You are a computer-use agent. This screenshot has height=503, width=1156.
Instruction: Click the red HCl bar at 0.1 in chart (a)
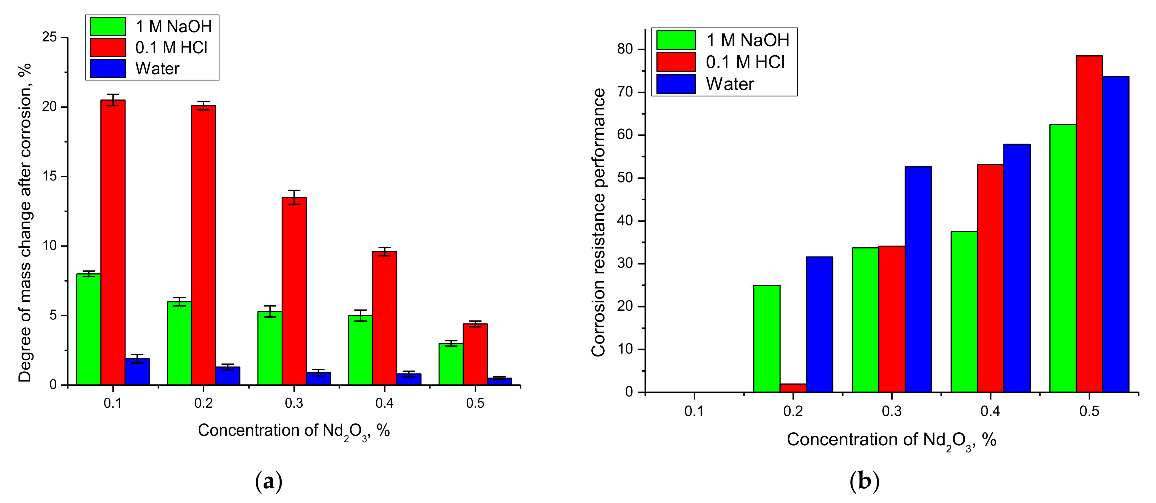[113, 242]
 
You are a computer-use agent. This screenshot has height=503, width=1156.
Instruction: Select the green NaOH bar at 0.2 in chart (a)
[179, 343]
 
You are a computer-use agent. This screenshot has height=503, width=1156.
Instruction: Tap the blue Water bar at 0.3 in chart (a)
[318, 378]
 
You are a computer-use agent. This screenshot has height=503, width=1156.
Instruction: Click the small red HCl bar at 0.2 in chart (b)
[793, 388]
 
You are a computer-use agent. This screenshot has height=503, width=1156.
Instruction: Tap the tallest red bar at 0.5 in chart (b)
[1089, 224]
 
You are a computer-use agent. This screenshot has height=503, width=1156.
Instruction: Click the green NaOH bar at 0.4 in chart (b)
[964, 312]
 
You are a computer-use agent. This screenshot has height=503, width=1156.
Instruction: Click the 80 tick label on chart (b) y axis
[625, 49]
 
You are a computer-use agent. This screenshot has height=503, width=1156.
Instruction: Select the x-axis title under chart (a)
[293, 431]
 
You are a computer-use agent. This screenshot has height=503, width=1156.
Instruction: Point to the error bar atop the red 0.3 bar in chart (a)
[294, 197]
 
